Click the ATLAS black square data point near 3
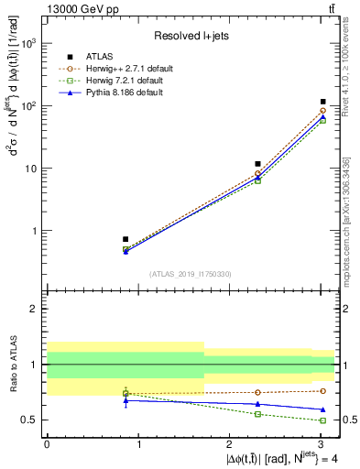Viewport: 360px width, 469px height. pos(323,102)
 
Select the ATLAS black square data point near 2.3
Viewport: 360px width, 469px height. pos(258,164)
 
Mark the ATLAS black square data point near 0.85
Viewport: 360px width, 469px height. pos(125,239)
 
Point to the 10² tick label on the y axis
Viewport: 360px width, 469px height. pos(28,106)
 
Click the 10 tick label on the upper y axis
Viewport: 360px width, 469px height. pos(31,169)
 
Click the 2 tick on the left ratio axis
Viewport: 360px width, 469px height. pos(35,309)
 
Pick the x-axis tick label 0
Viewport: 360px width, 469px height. pos(47,443)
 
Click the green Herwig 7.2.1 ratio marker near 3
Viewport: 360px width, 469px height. pos(323,420)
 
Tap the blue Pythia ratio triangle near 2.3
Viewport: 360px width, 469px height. pos(258,404)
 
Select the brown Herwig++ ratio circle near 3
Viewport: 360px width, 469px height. pos(323,391)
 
